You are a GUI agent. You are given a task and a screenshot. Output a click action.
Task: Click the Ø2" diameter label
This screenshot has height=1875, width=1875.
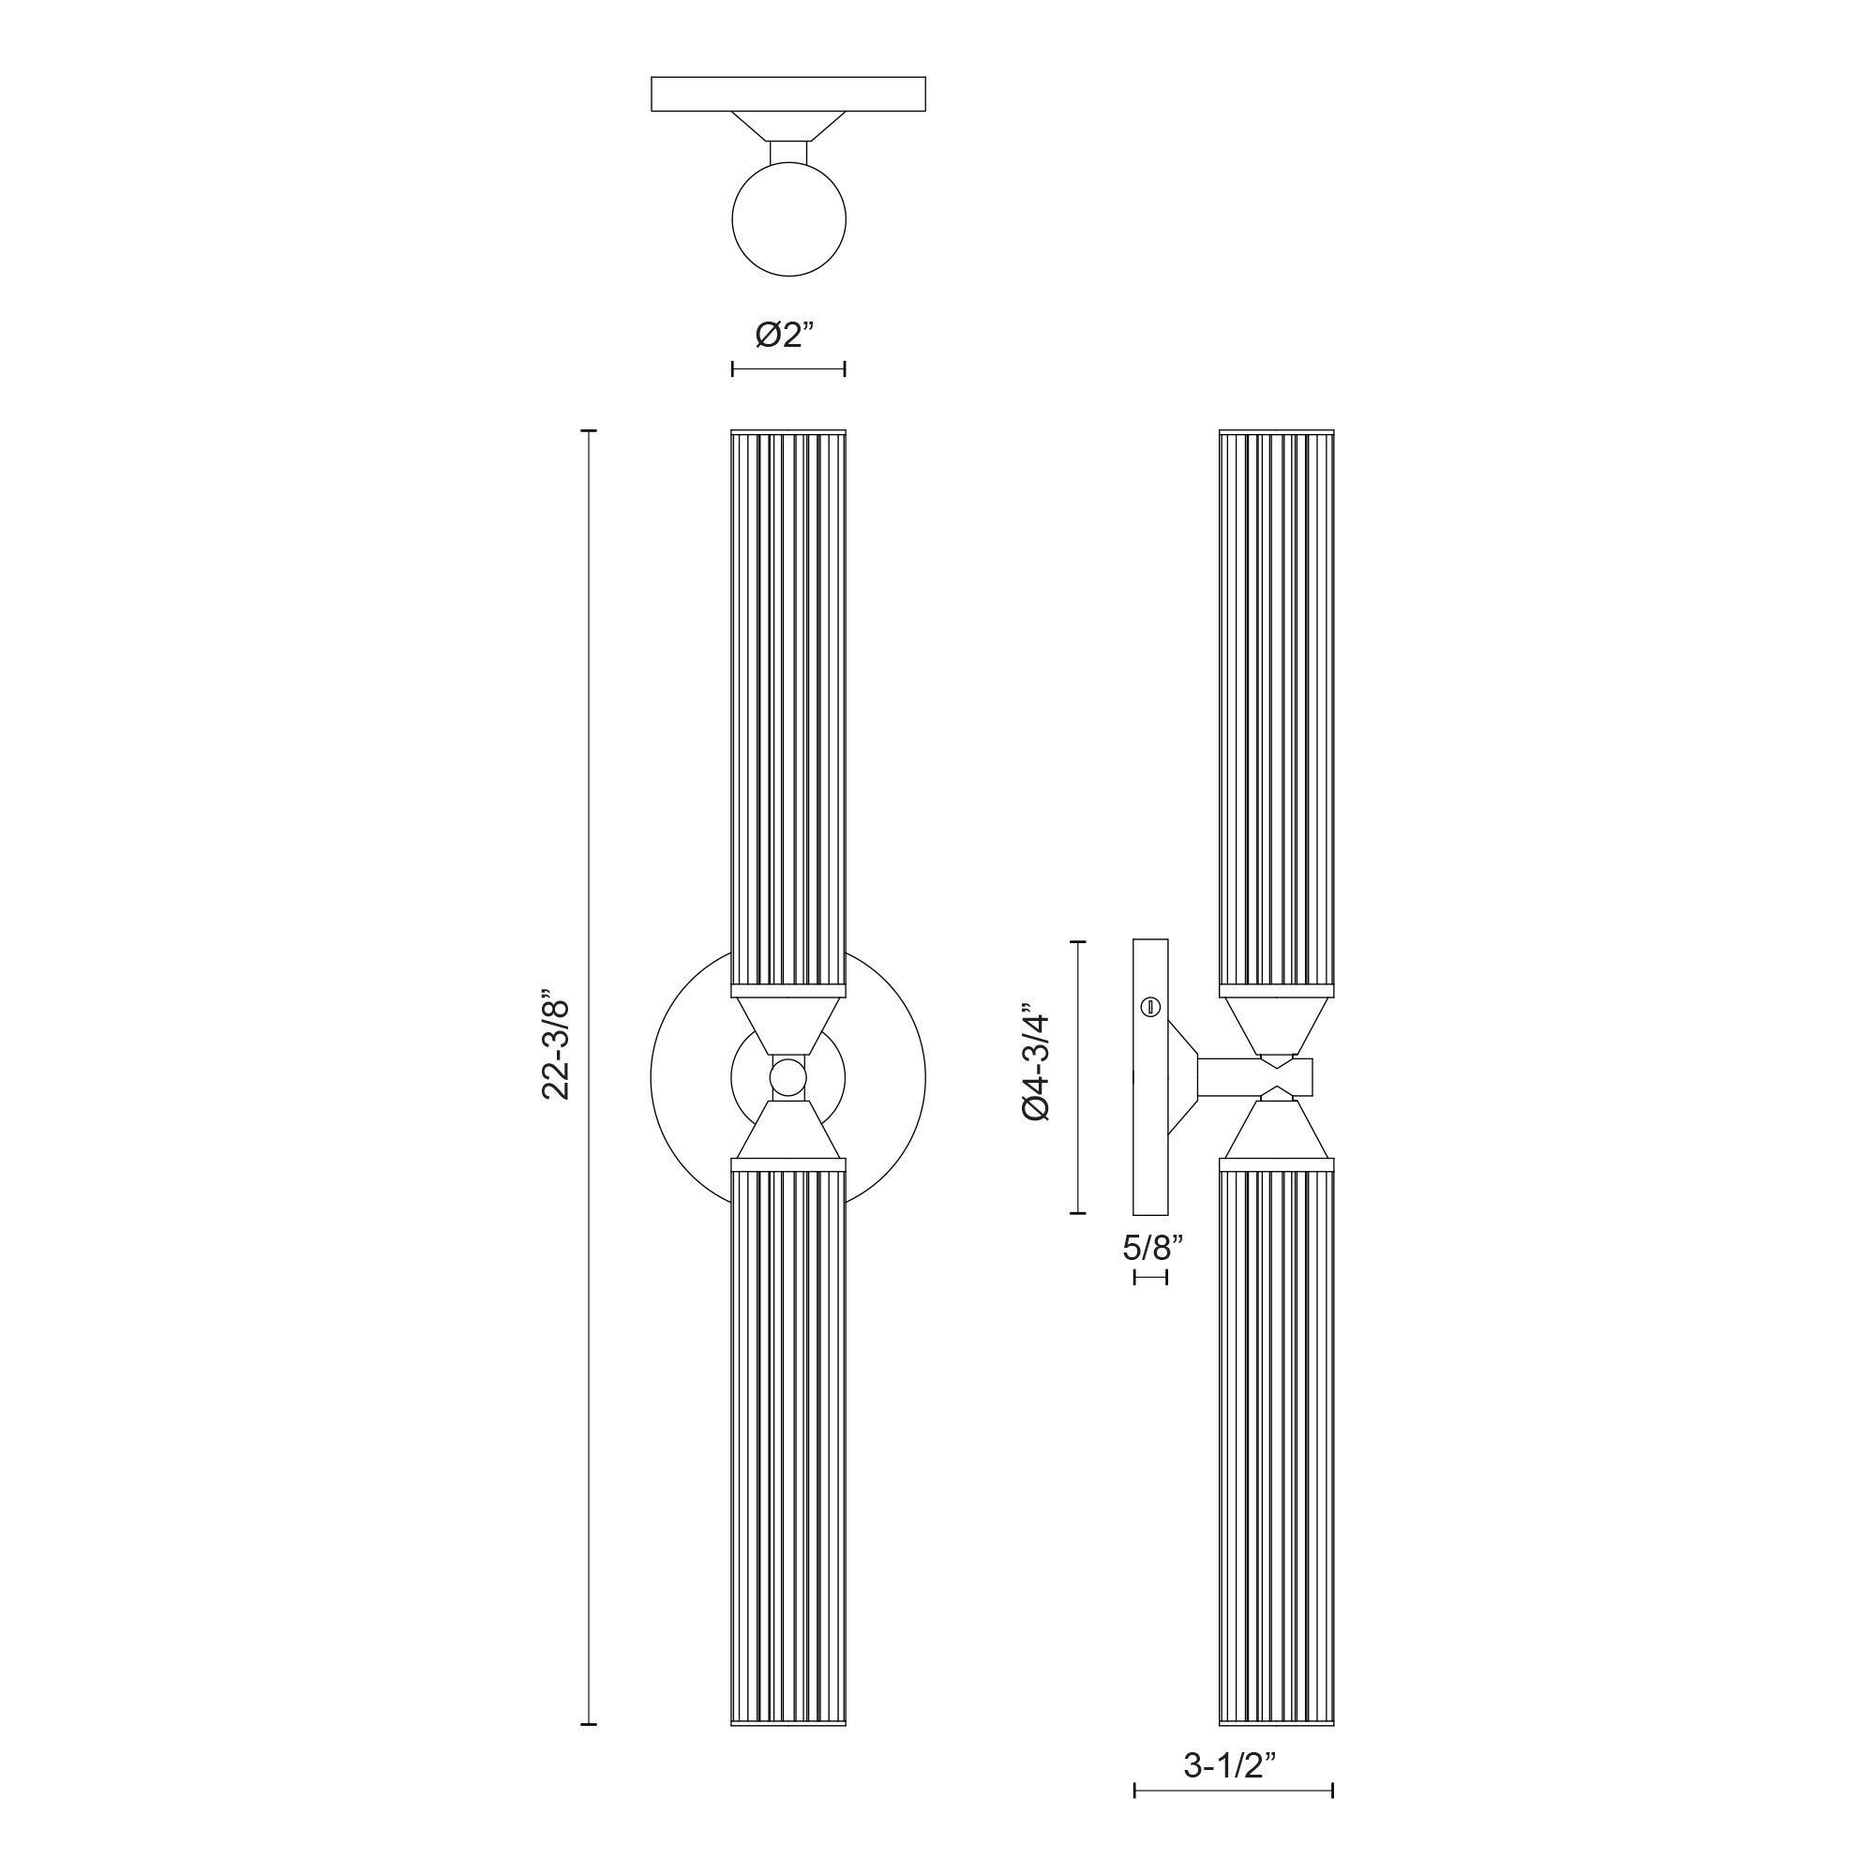coord(788,335)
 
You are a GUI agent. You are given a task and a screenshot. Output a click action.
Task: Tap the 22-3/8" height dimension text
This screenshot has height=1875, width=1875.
coord(560,1044)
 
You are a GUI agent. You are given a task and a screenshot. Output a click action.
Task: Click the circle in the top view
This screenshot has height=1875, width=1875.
coord(788,220)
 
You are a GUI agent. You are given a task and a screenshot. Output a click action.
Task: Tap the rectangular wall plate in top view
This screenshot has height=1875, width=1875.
coord(788,94)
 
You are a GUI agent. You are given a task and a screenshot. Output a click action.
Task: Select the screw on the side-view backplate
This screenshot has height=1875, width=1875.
coord(1151,1006)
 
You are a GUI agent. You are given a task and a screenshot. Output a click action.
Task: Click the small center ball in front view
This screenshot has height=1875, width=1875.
coord(787,1077)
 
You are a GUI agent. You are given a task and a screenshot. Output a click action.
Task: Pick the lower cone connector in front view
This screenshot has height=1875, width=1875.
coord(787,1130)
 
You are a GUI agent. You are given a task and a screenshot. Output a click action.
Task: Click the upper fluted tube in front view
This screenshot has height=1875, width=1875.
coord(787,709)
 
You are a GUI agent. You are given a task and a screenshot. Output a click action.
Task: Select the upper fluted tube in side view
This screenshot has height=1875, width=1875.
coord(1276,709)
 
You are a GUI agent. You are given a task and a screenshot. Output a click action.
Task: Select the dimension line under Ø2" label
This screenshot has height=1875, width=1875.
coord(788,368)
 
